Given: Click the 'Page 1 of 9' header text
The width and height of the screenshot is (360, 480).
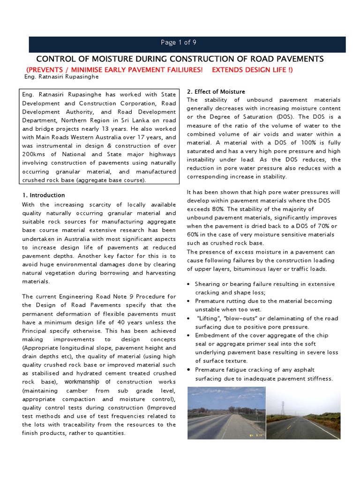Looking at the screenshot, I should point(178,43).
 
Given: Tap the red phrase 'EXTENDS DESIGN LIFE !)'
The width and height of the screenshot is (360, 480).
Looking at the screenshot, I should point(252,70).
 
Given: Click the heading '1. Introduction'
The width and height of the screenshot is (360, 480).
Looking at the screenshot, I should point(44,195).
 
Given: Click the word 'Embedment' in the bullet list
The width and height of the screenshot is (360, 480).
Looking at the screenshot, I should point(210,335).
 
